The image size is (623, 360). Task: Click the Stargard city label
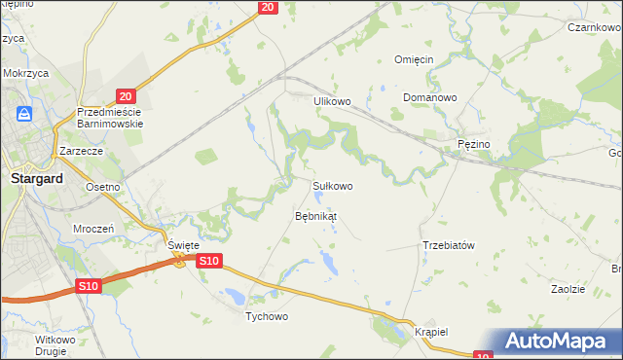[36, 179]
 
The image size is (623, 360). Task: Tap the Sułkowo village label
[332, 185]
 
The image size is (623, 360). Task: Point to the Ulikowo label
[331, 101]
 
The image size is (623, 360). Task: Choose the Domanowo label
[430, 98]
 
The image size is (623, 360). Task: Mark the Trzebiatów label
[448, 245]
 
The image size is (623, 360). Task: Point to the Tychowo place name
[268, 317]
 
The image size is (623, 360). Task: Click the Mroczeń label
[94, 228]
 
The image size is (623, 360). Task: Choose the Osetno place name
[102, 187]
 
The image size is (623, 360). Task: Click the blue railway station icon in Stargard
[25, 114]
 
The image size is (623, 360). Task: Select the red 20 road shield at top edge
[270, 8]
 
